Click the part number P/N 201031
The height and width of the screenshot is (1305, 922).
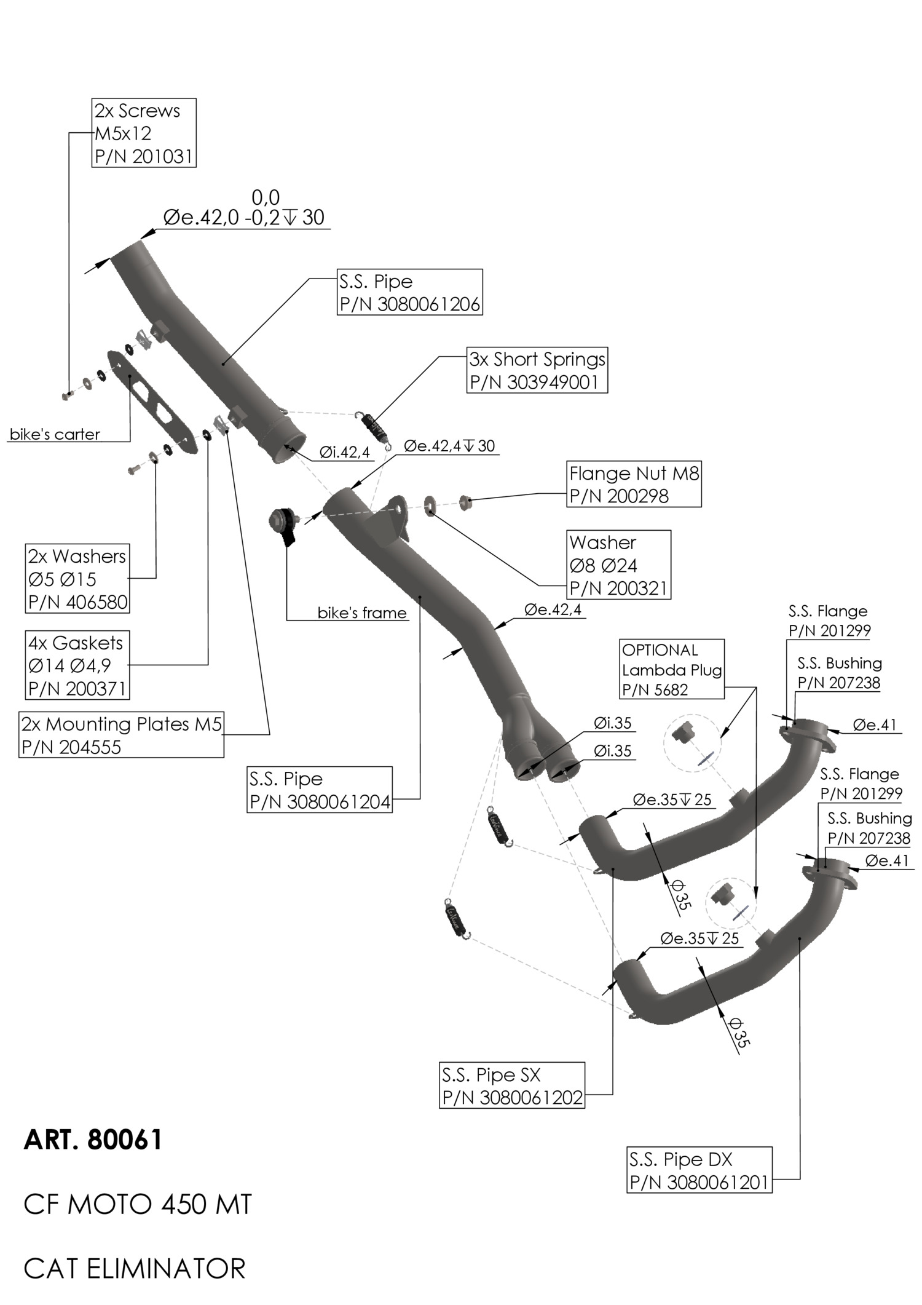coord(144,156)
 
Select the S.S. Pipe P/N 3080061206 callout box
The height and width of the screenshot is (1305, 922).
coord(409,292)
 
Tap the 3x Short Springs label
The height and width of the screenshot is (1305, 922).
coord(537,359)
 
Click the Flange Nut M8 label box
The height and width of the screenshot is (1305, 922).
coord(633,484)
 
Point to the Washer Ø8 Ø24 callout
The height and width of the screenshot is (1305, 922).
coord(618,565)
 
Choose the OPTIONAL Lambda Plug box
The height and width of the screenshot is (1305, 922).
coord(671,669)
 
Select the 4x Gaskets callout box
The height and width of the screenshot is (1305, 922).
coord(77,665)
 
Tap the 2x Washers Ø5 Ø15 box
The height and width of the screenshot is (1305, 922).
coord(77,579)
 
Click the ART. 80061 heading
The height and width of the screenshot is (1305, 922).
coord(93,1140)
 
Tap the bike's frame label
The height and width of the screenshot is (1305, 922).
coord(361,613)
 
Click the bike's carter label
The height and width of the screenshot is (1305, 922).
coord(55,435)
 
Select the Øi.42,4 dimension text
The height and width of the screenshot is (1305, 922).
coord(344,453)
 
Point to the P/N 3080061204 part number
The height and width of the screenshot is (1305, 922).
coord(320,802)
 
